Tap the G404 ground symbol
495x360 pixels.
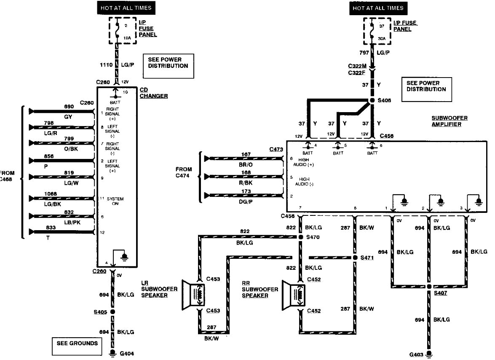(112, 353)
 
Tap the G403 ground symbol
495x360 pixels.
(429, 353)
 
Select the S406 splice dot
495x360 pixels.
(372, 101)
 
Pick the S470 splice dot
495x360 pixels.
(301, 237)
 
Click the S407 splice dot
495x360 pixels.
(429, 287)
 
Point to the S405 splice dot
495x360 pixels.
(112, 312)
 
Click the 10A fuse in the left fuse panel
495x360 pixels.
(118, 31)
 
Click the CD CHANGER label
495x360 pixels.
(153, 93)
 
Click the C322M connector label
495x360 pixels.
(357, 66)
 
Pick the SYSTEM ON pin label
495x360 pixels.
(115, 201)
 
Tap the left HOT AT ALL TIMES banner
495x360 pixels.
(125, 8)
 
